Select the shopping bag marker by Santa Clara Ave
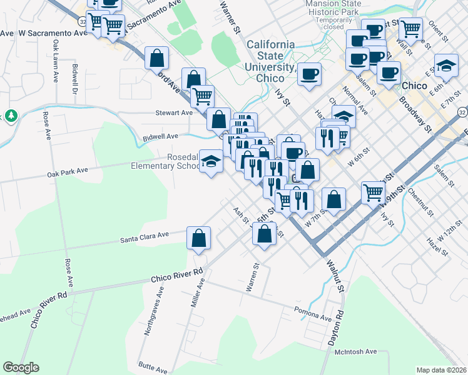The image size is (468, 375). [x=198, y=239]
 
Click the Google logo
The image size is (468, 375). [x=21, y=367]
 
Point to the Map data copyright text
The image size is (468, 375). [x=441, y=370]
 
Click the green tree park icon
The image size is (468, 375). [x=11, y=116]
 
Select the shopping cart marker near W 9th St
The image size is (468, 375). [x=374, y=192]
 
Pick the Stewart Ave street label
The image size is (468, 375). [x=174, y=113]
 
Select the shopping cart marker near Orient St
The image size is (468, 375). [x=410, y=28]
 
